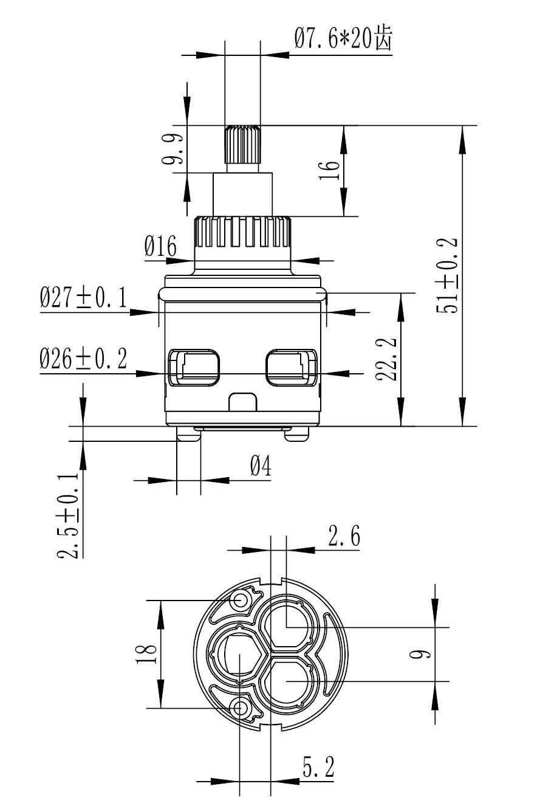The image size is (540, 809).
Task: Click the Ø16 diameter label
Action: click(160, 247)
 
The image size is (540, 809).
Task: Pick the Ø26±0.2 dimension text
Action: click(83, 359)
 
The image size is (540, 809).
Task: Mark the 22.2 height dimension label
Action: click(386, 359)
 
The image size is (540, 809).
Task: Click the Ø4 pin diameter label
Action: click(260, 467)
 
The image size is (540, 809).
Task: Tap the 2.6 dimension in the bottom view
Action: click(344, 537)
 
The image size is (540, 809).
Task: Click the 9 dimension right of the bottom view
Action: click(424, 654)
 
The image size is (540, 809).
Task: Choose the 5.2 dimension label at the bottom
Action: click(318, 767)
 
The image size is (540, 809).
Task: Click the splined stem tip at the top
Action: click(242, 144)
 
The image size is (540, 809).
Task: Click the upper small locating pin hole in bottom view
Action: click(241, 601)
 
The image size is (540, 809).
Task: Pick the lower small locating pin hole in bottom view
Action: click(241, 707)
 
